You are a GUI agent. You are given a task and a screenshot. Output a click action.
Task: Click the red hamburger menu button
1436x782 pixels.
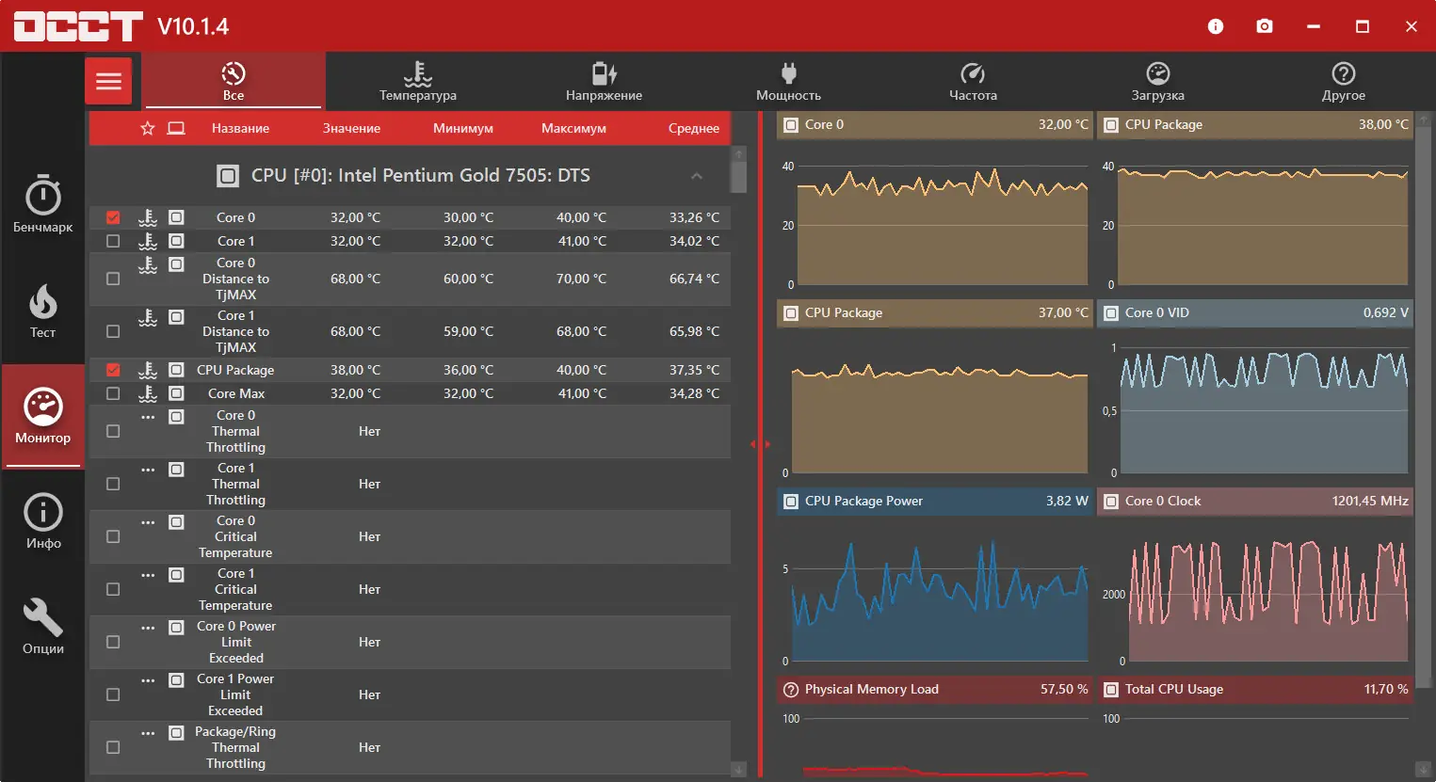point(108,81)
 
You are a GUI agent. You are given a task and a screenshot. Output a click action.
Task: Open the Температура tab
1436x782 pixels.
point(417,81)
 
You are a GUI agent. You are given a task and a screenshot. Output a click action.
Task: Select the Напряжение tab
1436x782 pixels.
point(604,81)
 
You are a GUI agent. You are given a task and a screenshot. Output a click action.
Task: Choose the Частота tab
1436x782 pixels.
point(973,81)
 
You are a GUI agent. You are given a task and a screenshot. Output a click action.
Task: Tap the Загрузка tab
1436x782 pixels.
point(1157,81)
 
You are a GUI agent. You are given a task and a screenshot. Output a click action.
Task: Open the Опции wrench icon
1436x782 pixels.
point(43,625)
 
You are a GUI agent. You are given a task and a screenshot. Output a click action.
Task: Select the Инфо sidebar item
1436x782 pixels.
point(43,520)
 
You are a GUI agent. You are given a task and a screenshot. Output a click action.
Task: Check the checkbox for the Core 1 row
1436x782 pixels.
point(113,241)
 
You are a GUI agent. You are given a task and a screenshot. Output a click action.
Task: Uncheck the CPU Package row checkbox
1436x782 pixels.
point(113,370)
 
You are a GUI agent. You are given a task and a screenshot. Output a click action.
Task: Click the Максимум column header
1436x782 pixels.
point(573,128)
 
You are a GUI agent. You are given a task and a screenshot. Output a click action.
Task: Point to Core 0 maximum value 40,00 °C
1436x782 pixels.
point(581,217)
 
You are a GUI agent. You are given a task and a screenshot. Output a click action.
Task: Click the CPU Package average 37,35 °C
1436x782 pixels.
point(694,370)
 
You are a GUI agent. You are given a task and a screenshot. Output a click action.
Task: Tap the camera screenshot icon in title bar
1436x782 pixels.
point(1265,26)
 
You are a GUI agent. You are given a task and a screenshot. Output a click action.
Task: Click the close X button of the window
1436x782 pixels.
point(1411,26)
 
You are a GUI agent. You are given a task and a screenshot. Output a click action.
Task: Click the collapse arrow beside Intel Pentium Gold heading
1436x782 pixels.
point(697,176)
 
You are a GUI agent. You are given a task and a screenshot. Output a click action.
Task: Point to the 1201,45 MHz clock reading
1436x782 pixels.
point(1370,501)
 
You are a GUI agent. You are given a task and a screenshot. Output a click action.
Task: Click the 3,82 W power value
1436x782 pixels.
point(1067,501)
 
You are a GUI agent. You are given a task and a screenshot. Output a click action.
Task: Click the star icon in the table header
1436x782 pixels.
point(148,128)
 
